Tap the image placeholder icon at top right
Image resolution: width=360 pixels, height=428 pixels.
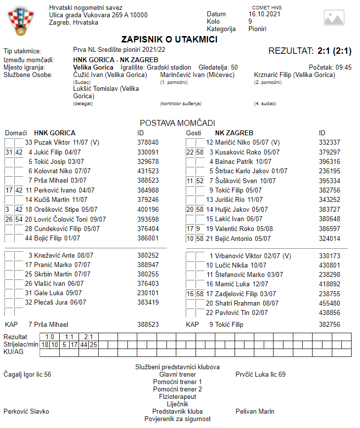[x=334, y=18]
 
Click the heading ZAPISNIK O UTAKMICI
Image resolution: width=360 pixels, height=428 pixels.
[x=169, y=39]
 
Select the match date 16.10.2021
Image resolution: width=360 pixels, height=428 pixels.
[x=264, y=14]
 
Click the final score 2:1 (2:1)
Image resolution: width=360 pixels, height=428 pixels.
[x=334, y=51]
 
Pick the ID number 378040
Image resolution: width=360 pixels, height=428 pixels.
[x=148, y=143]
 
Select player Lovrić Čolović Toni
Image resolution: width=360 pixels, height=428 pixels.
[x=66, y=219]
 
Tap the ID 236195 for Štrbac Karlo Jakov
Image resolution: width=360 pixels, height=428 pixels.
[x=329, y=171]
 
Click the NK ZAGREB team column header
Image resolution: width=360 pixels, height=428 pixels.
[x=234, y=133]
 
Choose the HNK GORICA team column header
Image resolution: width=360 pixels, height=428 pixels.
[x=54, y=133]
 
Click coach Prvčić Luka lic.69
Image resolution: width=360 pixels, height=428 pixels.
[x=260, y=375]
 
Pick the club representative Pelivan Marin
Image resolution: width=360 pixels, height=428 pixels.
[x=255, y=411]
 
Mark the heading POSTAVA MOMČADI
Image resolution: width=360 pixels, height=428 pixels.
[x=177, y=123]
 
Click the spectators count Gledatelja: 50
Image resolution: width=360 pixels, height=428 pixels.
[x=218, y=67]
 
